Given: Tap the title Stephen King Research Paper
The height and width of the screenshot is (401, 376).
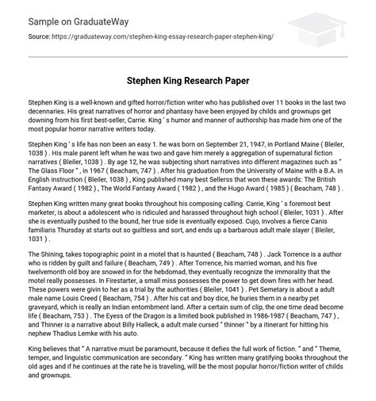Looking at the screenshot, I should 188,81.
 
